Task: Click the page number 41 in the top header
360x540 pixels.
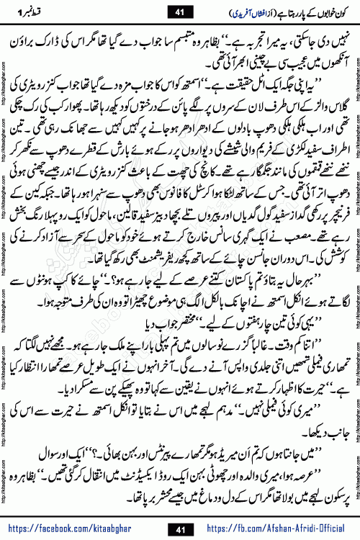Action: (180, 10)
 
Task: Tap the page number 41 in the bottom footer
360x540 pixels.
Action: (180, 529)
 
